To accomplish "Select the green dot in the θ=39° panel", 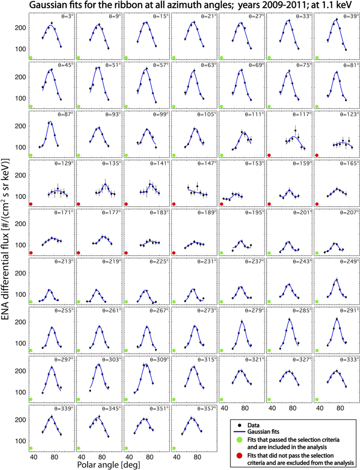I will pyautogui.click(x=317, y=58).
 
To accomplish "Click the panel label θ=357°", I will pyautogui.click(x=207, y=408).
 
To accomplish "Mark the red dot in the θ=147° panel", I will pyautogui.click(x=174, y=204).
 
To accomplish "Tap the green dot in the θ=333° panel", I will pyautogui.click(x=317, y=399).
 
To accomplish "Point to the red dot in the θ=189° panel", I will pyautogui.click(x=174, y=253).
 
